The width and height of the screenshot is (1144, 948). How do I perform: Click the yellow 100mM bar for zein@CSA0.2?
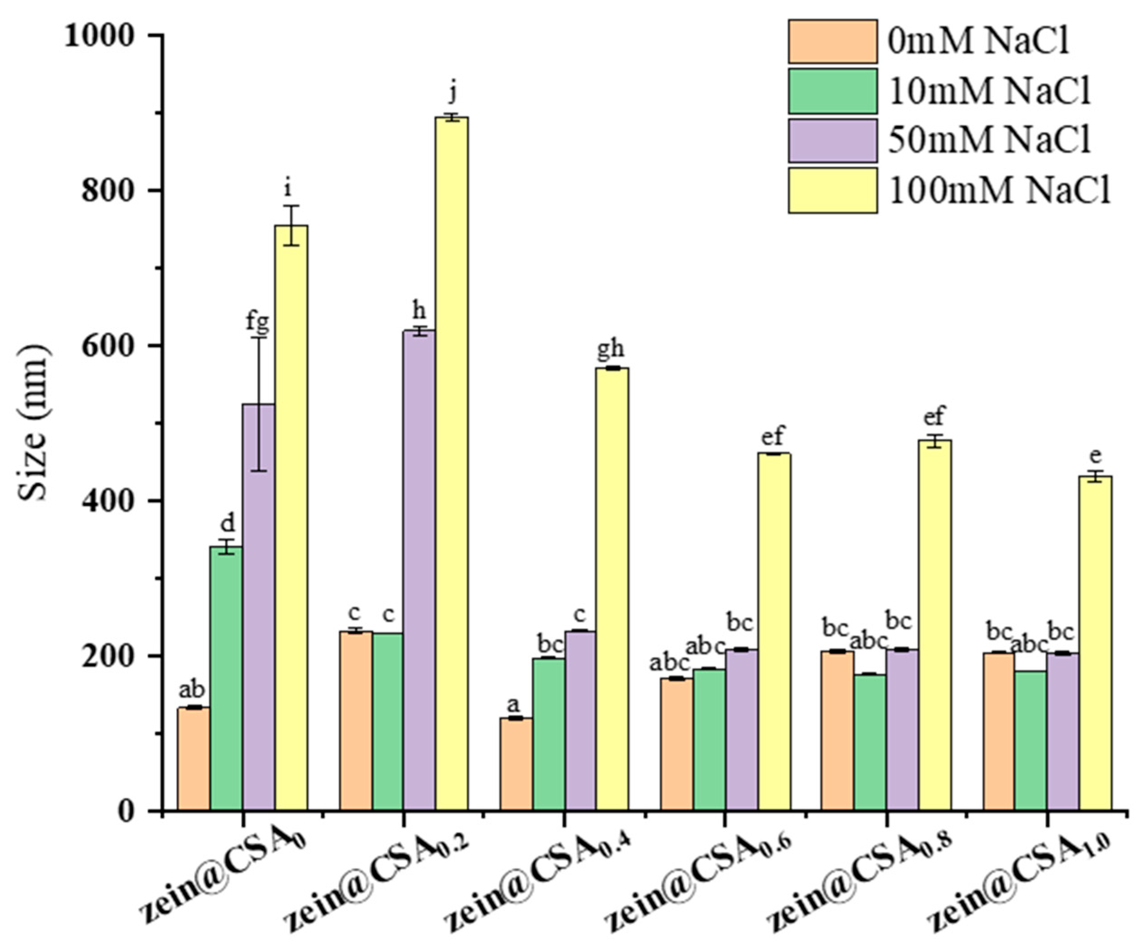point(451,463)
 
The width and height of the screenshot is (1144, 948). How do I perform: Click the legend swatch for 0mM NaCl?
point(832,41)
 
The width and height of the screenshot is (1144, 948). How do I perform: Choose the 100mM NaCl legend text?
point(1000,190)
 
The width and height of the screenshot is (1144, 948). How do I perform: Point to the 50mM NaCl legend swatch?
point(832,141)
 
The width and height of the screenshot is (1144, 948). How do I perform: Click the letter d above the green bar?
point(227,523)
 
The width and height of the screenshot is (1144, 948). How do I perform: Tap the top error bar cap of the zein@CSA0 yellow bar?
point(292,206)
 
